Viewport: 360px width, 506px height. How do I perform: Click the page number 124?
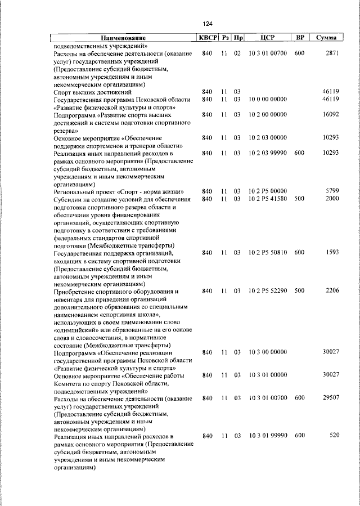(x=208, y=23)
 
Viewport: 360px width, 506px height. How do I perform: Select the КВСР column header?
(x=206, y=38)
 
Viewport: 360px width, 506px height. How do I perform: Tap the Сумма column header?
(x=326, y=38)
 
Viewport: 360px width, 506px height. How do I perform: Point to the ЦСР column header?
(x=268, y=38)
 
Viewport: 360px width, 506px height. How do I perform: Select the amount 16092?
(x=330, y=114)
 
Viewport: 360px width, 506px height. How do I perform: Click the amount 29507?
(x=330, y=397)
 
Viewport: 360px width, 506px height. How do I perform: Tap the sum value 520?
(x=334, y=435)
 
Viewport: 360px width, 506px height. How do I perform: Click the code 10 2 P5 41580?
(x=268, y=199)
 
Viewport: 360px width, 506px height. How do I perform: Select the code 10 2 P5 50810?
(x=268, y=252)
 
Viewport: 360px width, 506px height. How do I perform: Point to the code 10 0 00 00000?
(x=268, y=99)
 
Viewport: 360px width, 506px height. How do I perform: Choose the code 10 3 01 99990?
(x=268, y=435)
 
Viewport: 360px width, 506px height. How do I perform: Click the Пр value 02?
(x=237, y=53)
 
